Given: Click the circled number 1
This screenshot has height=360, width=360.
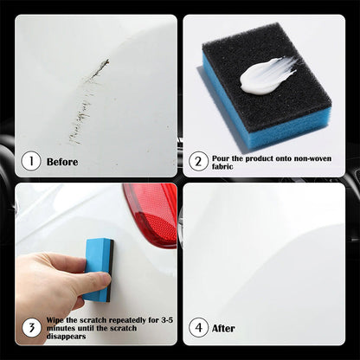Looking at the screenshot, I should point(31,161).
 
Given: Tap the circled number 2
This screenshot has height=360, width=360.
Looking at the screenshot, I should point(199,161).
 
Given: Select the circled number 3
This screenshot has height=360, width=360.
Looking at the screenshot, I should point(31,328).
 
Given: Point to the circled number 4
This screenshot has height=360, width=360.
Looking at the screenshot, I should point(199,328).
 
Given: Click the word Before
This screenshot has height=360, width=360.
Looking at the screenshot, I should point(62,162).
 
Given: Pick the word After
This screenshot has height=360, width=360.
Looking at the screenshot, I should point(225,329).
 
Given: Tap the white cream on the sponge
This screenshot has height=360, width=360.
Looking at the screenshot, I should point(265,76).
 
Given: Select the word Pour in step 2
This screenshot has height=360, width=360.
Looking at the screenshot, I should point(222,157).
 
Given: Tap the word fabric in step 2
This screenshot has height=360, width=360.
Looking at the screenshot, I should point(225,166).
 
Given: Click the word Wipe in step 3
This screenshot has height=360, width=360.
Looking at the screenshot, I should point(56,320).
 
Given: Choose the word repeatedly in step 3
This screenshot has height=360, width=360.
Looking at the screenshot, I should point(127,320).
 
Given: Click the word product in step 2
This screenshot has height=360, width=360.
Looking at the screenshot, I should point(262,157).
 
